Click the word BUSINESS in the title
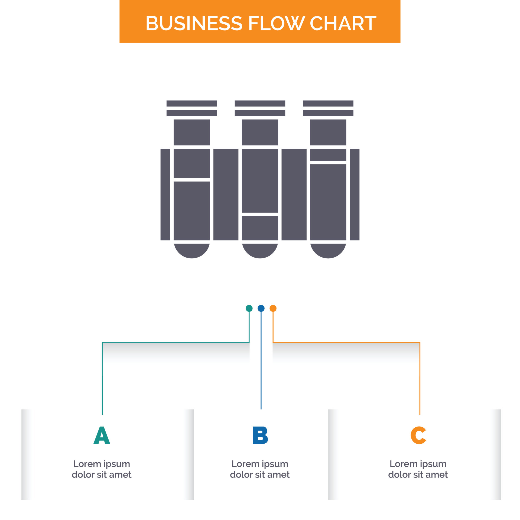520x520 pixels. (194, 23)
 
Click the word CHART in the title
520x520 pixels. (343, 23)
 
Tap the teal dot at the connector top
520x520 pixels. (249, 308)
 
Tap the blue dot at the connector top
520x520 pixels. (261, 308)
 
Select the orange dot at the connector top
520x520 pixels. (273, 308)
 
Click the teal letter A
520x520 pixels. (102, 435)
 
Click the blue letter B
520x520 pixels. (260, 435)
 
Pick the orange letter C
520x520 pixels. (418, 435)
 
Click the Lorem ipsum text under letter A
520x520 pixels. (102, 469)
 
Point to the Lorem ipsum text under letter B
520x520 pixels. (260, 469)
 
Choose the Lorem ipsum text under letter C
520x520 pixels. (418, 469)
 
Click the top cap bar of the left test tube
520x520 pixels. (192, 103)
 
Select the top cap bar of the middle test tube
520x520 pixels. (260, 103)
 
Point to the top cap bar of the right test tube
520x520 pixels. (328, 103)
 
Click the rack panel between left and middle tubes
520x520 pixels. (226, 194)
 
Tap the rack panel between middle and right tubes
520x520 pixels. (294, 194)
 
